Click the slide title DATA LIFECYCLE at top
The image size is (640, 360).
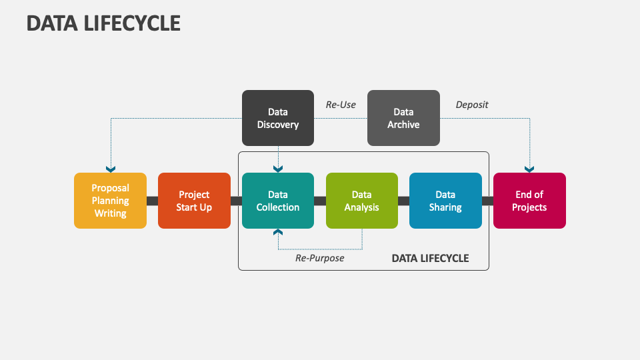pos(103,23)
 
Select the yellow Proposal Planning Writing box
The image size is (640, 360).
pos(110,201)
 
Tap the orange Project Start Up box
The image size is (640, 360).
pos(194,201)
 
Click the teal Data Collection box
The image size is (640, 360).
pos(278,201)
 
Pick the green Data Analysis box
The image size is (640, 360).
pos(362,201)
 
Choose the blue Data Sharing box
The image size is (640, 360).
pos(445,201)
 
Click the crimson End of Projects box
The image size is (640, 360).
pos(529,201)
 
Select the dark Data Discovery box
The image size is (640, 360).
pos(278,118)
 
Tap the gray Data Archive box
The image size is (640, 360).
pos(403,118)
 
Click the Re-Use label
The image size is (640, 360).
pos(341,105)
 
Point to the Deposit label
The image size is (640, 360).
pos(472,105)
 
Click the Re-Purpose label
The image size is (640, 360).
pos(320,258)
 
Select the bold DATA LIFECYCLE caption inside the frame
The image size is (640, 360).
pos(430,258)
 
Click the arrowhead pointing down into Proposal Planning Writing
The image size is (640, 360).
pos(111,169)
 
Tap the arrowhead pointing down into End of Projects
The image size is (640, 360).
pos(529,169)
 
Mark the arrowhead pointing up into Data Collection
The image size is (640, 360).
pos(278,232)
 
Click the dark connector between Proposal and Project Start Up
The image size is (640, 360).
pos(152,201)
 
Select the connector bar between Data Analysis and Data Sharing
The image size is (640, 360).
pos(403,201)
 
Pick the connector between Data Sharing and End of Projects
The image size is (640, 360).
pos(487,201)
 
